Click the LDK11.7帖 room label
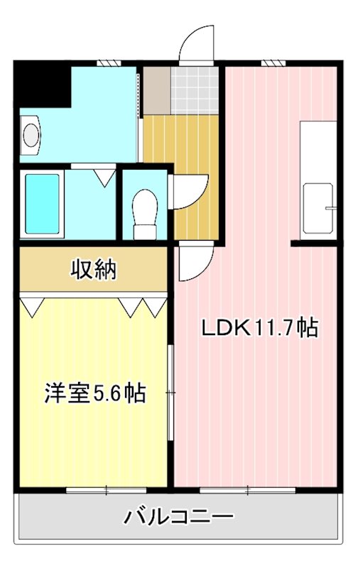pyautogui.click(x=259, y=328)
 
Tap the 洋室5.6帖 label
pyautogui.click(x=95, y=393)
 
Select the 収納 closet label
pyautogui.click(x=93, y=270)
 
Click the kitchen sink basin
pyautogui.click(x=317, y=208)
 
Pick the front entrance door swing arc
pyautogui.click(x=197, y=45)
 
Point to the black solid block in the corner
pyautogui.click(x=40, y=84)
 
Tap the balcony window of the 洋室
pyautogui.click(x=107, y=489)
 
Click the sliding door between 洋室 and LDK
pyautogui.click(x=171, y=393)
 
